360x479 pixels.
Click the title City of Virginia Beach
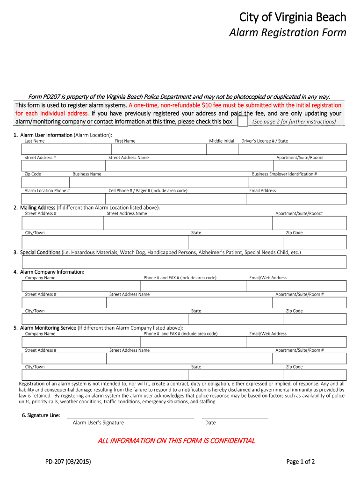pyautogui.click(x=293, y=17)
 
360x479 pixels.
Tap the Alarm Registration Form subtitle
pyautogui.click(x=287, y=32)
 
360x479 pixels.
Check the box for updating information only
pyautogui.click(x=243, y=122)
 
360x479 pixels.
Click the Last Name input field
pyautogui.click(x=66, y=149)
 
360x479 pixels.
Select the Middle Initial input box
pyautogui.click(x=221, y=149)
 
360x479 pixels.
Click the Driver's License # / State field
pyautogui.click(x=292, y=149)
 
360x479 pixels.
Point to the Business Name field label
pyautogui.click(x=87, y=174)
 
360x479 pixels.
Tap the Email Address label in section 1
pyautogui.click(x=262, y=191)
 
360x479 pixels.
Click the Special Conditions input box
pyautogui.click(x=184, y=262)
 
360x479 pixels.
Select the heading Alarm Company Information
pyautogui.click(x=52, y=272)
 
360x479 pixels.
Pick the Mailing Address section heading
pyautogui.click(x=38, y=208)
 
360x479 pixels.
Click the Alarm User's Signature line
pyautogui.click(x=130, y=418)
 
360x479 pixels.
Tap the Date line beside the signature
pyautogui.click(x=235, y=418)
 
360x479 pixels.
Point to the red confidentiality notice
pyautogui.click(x=176, y=441)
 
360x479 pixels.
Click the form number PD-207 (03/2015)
pyautogui.click(x=68, y=462)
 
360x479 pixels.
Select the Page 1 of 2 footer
pyautogui.click(x=300, y=462)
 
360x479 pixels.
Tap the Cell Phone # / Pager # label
pyautogui.click(x=148, y=191)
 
